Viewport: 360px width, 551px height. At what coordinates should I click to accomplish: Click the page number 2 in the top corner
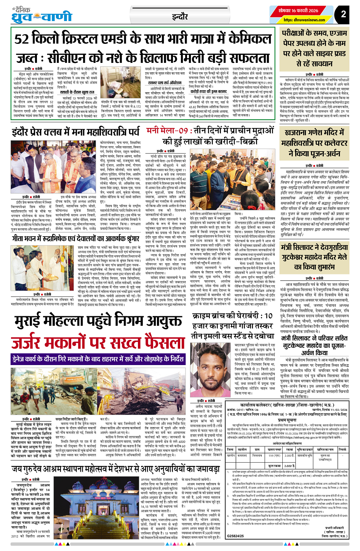(x=343, y=14)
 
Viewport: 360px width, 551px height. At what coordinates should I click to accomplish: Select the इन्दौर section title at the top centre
(x=179, y=16)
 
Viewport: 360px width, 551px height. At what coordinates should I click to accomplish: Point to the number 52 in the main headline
(x=22, y=40)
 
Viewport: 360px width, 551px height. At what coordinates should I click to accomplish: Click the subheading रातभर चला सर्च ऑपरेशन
(x=165, y=83)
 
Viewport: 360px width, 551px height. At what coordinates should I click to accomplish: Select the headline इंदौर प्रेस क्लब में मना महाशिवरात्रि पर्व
(x=76, y=132)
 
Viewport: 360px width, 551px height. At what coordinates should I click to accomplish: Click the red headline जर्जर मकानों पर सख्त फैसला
(x=93, y=343)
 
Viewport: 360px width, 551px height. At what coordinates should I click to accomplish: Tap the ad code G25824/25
(x=235, y=536)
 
